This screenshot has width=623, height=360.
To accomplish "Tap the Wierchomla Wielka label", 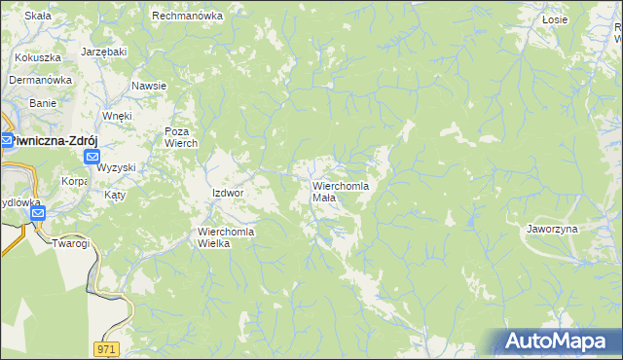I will click(x=226, y=237).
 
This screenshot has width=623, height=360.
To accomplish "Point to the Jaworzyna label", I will click(x=552, y=229).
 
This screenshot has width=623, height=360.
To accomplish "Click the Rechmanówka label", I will click(x=188, y=17).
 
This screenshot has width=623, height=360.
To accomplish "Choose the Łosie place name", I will click(x=555, y=18).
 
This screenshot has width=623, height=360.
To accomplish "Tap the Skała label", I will click(x=37, y=17).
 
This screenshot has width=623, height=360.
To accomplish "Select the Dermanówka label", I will click(x=41, y=81).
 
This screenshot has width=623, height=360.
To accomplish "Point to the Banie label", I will click(x=43, y=102).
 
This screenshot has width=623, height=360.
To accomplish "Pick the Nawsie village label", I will click(x=149, y=86).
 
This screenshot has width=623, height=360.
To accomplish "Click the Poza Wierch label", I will click(x=181, y=137).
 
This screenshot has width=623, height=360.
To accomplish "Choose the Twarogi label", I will click(x=71, y=243).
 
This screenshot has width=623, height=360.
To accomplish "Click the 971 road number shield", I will click(x=107, y=348).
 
